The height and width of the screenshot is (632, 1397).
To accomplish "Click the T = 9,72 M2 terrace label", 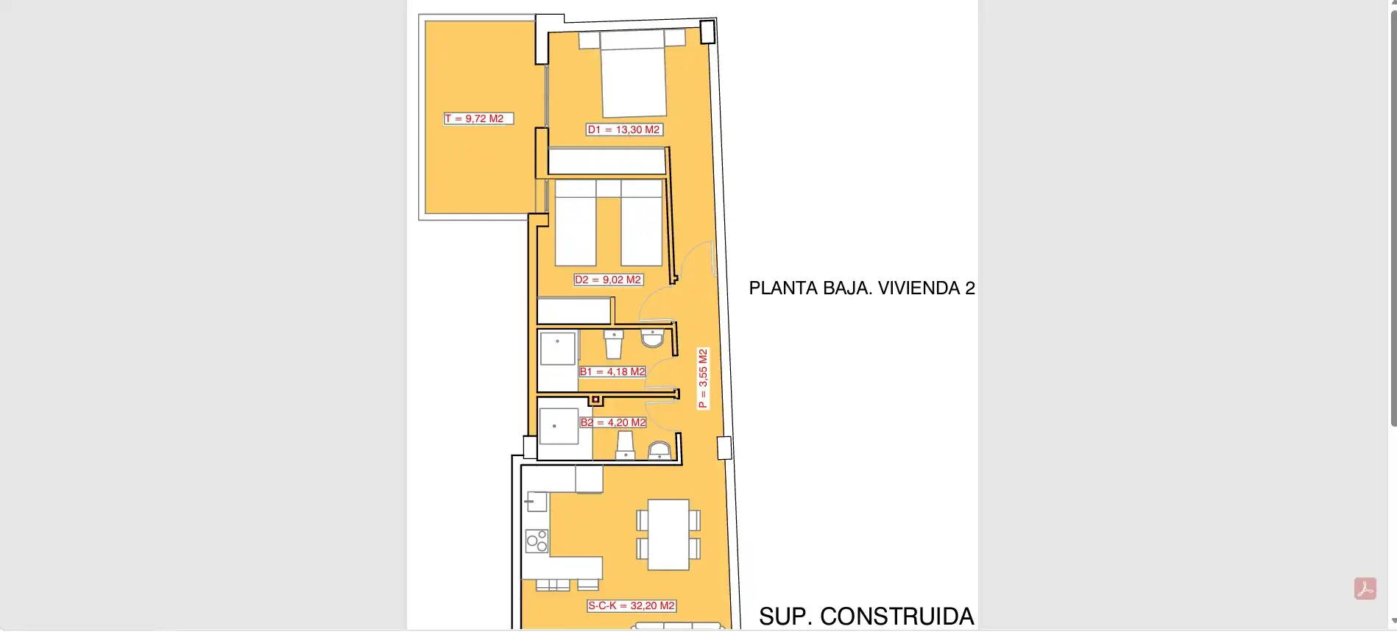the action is (478, 118).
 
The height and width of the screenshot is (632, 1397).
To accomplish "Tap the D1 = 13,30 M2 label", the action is (624, 129).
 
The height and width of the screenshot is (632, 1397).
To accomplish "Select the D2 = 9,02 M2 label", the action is (609, 280).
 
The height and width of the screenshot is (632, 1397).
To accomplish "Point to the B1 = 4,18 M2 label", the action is (612, 372).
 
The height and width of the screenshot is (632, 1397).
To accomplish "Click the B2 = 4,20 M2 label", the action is (614, 422).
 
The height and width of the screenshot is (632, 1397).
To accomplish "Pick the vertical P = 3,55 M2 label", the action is (703, 378).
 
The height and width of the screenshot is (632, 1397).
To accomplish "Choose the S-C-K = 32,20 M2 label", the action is (632, 606).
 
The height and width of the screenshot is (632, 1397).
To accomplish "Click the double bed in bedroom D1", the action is (633, 74).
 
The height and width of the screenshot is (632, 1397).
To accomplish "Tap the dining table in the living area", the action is (668, 534).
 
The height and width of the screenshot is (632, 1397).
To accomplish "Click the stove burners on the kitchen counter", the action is (537, 541).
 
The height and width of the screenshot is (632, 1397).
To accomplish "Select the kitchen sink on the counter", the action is (537, 502).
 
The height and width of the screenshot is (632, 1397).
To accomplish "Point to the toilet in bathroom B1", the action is (614, 344).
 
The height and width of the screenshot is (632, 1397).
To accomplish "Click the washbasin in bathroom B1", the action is (653, 338).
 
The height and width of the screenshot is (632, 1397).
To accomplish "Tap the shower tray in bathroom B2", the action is (559, 426).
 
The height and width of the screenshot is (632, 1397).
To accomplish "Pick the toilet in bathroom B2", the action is (625, 445).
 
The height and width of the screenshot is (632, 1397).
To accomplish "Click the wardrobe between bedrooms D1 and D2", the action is (607, 161).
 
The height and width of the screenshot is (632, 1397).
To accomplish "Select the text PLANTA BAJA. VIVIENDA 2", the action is (862, 288).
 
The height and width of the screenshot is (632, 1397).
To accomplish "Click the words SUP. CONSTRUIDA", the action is (866, 617).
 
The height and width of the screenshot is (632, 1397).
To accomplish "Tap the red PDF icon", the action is (1365, 589).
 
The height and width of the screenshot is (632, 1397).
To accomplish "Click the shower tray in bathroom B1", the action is (558, 348).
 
